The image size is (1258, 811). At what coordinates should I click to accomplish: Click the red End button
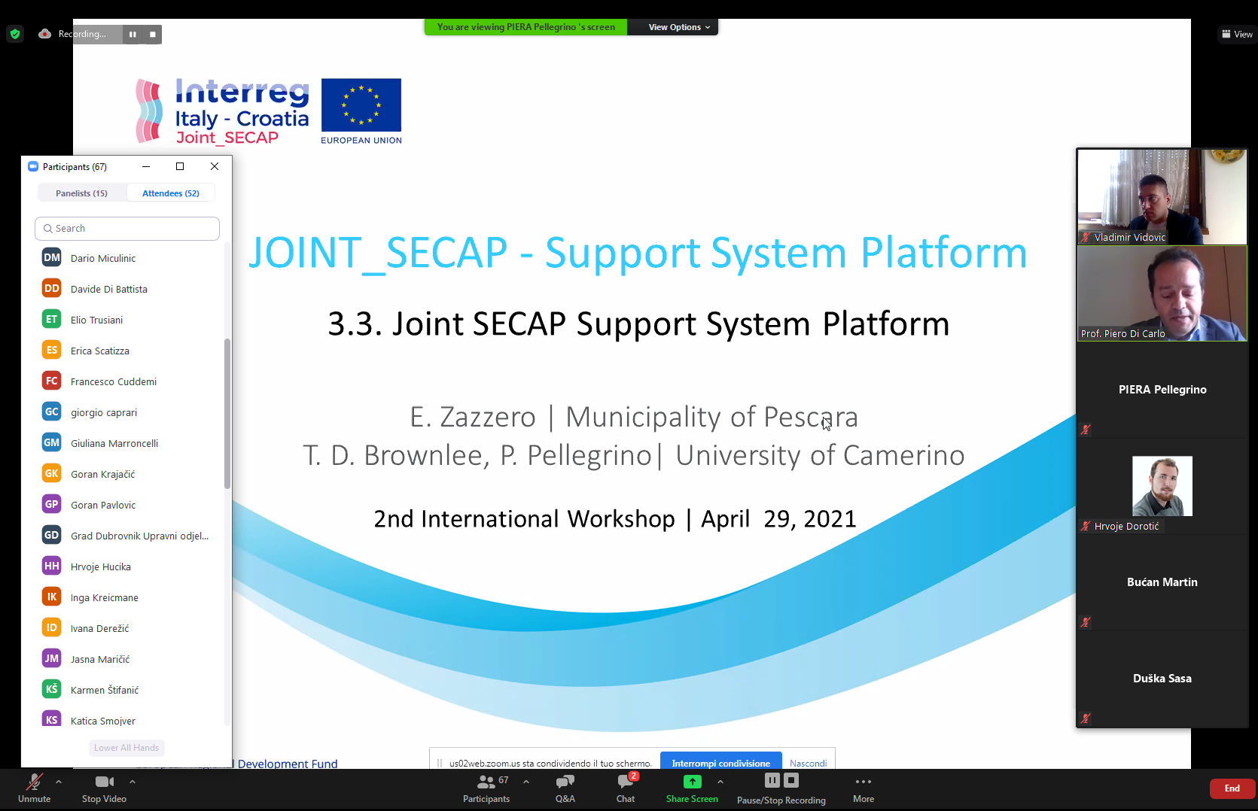(x=1232, y=788)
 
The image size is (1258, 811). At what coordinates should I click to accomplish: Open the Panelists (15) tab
(x=81, y=193)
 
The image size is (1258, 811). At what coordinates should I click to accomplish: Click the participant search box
(x=127, y=229)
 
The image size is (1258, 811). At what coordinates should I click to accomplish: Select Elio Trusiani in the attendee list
(x=96, y=320)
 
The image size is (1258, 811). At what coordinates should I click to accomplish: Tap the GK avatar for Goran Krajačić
(x=52, y=474)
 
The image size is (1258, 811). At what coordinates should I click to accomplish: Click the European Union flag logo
(x=361, y=105)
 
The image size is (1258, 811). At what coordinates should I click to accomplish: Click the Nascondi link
(x=808, y=764)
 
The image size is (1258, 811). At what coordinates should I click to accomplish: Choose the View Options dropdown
(x=679, y=27)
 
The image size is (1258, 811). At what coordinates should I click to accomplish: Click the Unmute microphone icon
(x=34, y=781)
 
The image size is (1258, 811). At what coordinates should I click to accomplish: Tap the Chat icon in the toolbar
(x=625, y=781)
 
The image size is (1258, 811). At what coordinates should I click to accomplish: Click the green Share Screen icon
(x=692, y=781)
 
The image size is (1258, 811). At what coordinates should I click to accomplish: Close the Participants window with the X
(x=215, y=166)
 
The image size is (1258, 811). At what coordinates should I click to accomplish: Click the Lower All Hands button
(x=126, y=748)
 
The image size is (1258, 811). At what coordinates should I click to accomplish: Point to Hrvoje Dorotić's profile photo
(x=1162, y=486)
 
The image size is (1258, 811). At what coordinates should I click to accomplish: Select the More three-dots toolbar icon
(x=864, y=781)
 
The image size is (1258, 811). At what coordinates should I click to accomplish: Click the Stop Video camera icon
(x=105, y=781)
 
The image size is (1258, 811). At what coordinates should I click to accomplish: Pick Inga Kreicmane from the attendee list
(x=105, y=598)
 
